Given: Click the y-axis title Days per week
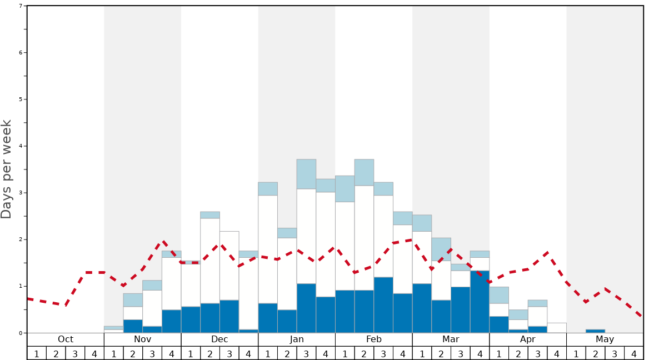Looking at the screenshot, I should tap(7, 169).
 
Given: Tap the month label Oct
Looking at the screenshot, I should tap(66, 339).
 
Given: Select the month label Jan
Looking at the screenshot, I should tap(297, 339).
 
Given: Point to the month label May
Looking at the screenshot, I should tap(605, 339).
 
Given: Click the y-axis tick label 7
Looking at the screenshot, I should tap(21, 6).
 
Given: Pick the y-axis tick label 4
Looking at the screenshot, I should tap(21, 146).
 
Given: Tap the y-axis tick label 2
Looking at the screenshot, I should tap(21, 239).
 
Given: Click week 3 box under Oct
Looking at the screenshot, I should tap(75, 353).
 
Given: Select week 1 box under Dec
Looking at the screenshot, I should tap(191, 353).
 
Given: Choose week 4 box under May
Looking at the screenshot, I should tap(633, 353).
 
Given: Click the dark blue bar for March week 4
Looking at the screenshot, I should tap(480, 302).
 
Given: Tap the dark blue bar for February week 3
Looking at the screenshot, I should tap(383, 305).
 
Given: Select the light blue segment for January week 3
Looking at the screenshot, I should tap(306, 174).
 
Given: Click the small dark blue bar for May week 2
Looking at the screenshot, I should tap(595, 331).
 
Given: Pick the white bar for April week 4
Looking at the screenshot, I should tap(557, 328).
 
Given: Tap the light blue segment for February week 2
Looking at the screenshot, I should tap(364, 172).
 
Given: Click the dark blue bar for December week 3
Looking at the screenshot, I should tap(229, 316).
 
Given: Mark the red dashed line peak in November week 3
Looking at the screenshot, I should tap(163, 242).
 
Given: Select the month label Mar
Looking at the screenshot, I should tap(451, 339).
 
